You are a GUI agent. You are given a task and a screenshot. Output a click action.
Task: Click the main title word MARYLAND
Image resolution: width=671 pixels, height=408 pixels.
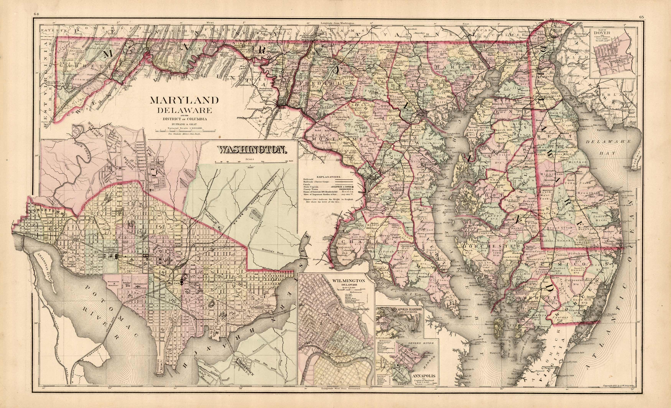click(x=184, y=101)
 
